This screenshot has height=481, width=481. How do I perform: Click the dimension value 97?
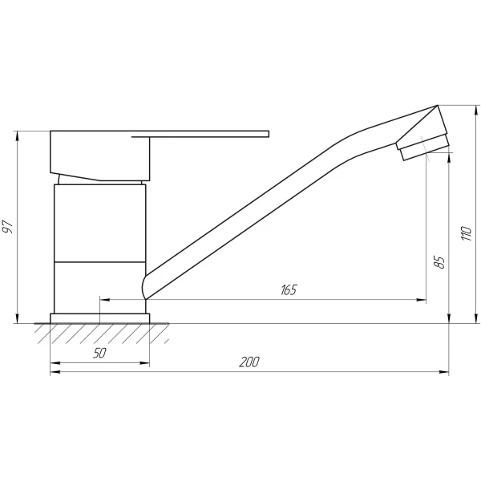8,227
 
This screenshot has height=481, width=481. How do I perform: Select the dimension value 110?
463,233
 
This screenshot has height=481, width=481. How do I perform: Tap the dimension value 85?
438,262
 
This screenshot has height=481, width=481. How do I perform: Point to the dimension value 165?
289,289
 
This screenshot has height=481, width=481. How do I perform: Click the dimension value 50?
99,353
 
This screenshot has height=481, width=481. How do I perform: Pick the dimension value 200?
249,362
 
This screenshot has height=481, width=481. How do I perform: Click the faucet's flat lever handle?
208,134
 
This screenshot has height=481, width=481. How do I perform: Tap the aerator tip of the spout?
424,148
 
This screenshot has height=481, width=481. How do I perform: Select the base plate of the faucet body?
100,317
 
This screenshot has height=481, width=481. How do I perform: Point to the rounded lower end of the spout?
147,286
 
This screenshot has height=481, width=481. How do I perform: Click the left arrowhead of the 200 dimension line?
55,372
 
